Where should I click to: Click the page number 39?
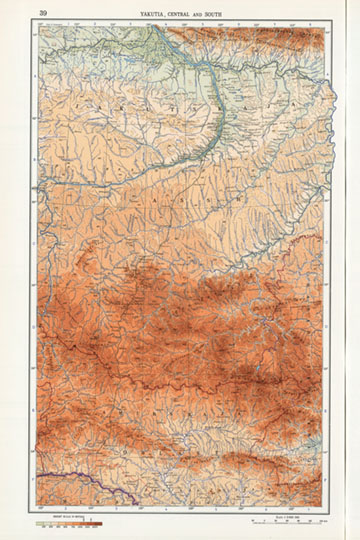pos(42,13)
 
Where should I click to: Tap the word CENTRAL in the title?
pos(182,14)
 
